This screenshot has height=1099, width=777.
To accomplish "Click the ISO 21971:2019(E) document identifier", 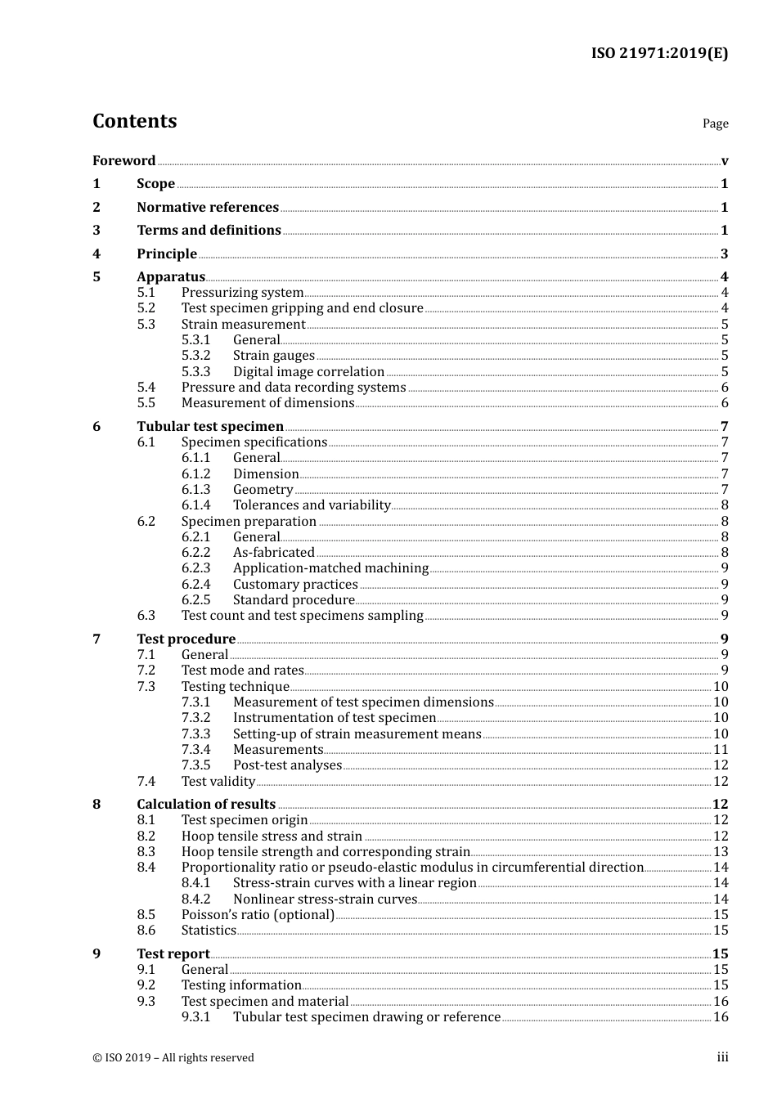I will point(659,53).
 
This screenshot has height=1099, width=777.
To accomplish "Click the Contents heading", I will point(134,121).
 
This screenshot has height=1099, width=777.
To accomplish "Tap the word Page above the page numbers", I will point(715,123).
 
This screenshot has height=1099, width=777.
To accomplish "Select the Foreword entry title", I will point(124,160).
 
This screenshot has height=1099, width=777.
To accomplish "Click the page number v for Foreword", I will point(725,161).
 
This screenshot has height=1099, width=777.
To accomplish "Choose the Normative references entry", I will point(208,207).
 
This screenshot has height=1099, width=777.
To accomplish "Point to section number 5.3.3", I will point(195,371).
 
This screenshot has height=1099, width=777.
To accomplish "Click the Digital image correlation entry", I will point(308,371).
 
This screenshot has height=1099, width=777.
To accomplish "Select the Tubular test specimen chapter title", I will point(210,426).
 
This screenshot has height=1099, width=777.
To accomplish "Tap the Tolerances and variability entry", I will point(312,505).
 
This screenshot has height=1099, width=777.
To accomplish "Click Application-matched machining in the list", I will point(330,568).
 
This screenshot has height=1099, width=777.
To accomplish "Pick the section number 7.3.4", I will point(195,750).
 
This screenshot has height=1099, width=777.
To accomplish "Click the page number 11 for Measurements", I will point(721,750).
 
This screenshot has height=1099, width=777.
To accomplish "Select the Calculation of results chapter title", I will point(206,804).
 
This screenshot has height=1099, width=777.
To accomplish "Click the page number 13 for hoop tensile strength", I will point(721,852).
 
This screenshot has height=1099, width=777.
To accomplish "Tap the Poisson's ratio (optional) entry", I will point(258,915).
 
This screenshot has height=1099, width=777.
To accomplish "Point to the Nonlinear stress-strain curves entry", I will point(325,899).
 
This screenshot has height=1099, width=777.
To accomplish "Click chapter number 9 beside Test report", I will point(97,953).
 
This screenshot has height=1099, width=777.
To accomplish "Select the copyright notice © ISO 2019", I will point(173,1057).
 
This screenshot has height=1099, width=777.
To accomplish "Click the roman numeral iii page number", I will point(722,1057).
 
